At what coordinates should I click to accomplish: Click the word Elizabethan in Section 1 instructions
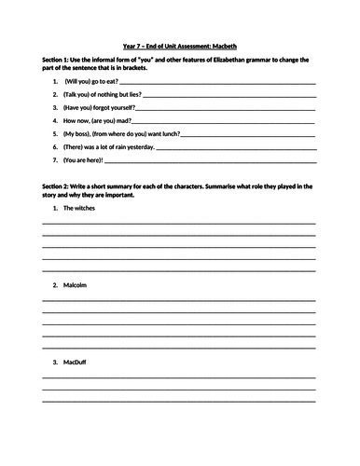241,61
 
